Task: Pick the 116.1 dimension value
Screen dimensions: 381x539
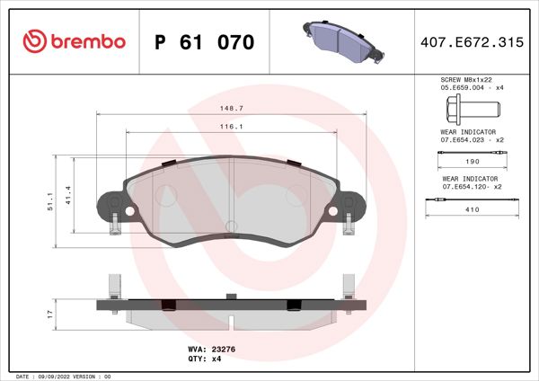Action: (x=233, y=127)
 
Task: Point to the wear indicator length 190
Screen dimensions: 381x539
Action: (x=471, y=163)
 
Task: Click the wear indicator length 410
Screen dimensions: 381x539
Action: (x=471, y=208)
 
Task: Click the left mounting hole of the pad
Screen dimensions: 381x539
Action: (x=129, y=212)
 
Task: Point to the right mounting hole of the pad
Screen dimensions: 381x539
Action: (x=334, y=212)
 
